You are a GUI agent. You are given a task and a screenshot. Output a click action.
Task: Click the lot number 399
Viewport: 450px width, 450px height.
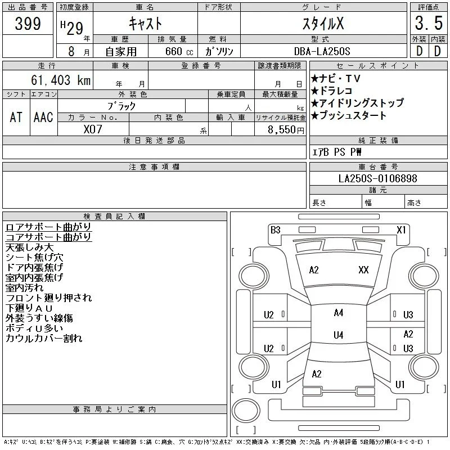coord(28,24)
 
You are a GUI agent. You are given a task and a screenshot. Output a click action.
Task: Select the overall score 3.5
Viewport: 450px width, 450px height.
coord(429,23)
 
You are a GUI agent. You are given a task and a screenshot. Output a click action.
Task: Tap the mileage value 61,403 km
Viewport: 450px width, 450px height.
coord(61,80)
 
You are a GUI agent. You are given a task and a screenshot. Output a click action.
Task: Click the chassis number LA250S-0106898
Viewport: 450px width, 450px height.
coord(377,178)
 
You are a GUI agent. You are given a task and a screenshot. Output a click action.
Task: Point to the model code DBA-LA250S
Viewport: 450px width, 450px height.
coord(322,51)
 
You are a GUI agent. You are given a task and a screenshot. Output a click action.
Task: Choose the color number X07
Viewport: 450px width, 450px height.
coord(93,129)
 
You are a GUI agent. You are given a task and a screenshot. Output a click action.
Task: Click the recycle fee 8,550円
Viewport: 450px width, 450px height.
coord(286,130)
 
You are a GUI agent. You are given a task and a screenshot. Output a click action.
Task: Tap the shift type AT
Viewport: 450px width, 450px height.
coord(16,117)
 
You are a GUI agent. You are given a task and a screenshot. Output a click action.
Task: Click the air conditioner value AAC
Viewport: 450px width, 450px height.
coord(43,117)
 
